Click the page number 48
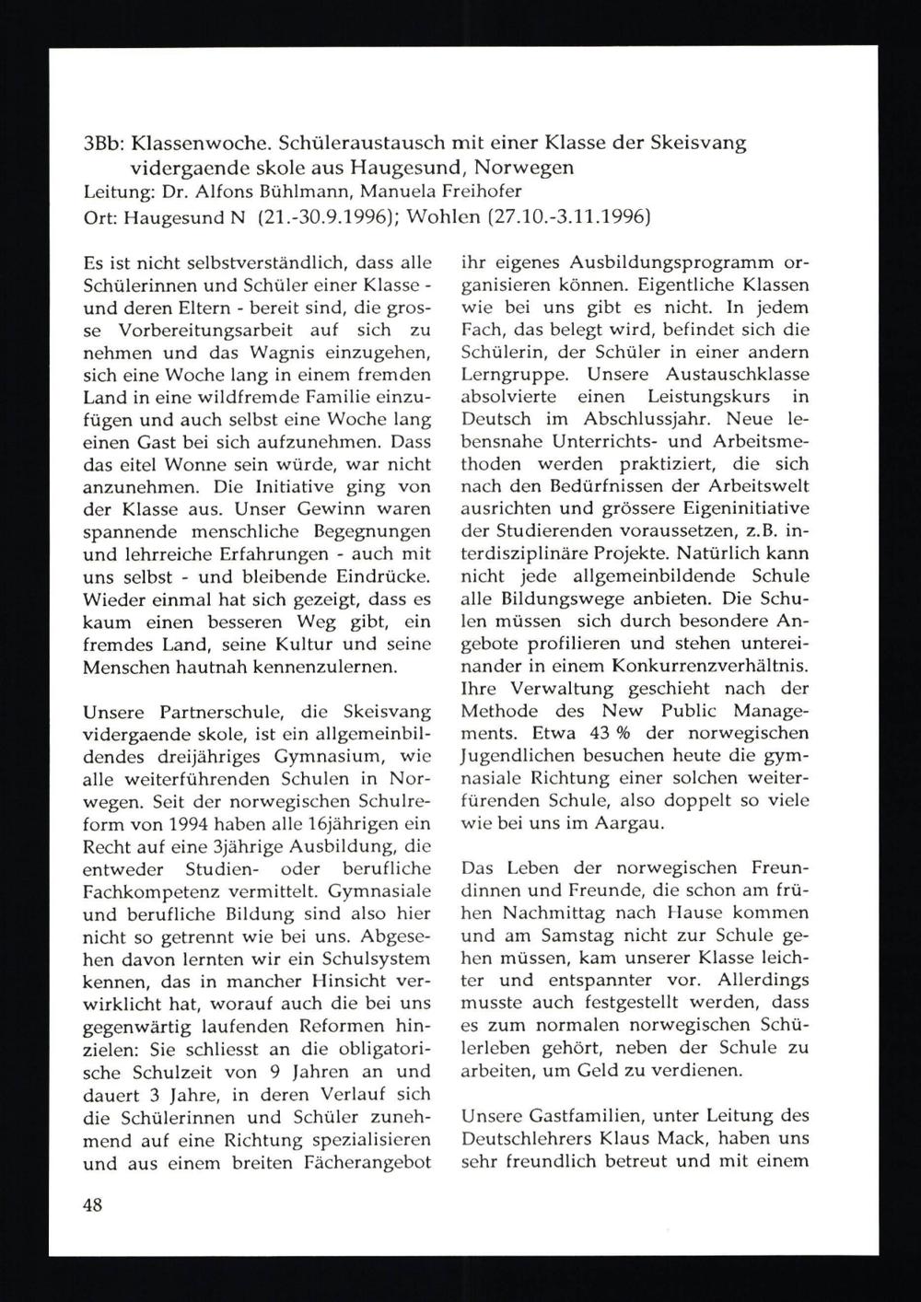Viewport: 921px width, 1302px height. click(x=91, y=1205)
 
